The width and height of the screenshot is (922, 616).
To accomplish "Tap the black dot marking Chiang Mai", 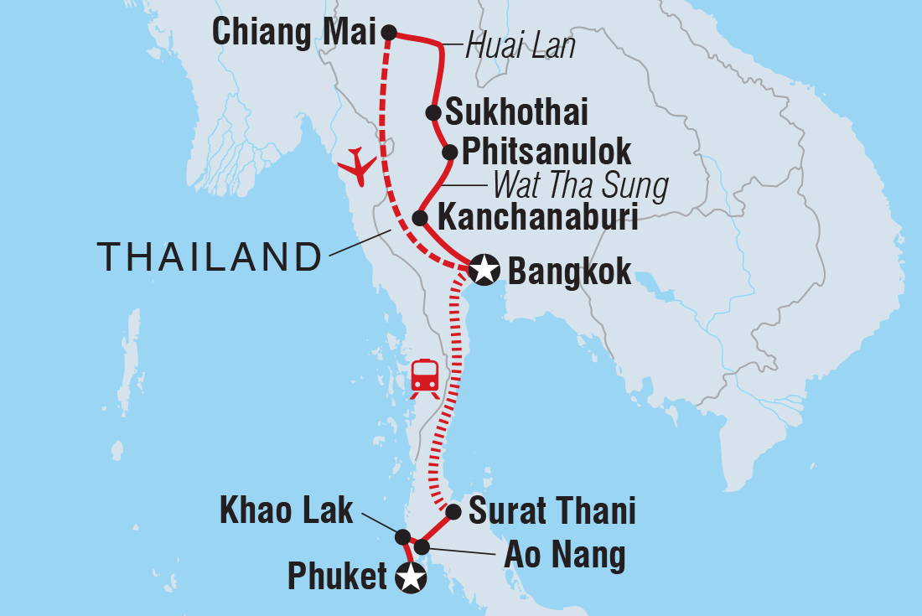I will tap(389, 33).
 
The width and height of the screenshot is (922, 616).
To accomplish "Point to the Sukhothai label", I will tap(516, 112).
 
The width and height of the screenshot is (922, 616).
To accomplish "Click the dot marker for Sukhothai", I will tap(433, 112).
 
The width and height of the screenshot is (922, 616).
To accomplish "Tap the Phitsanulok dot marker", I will tap(449, 153).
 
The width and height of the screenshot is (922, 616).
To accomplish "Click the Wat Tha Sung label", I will tap(581, 185).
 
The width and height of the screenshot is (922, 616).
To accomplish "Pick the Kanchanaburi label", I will tap(538, 219).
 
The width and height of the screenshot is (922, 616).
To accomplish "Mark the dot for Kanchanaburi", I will tap(422, 219).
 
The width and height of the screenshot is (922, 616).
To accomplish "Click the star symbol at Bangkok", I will tap(484, 271).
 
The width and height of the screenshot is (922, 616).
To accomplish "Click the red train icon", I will tap(425, 378).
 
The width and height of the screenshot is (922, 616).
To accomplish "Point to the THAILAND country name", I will tap(210, 257).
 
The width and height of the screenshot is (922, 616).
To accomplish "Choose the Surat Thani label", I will tap(552, 511).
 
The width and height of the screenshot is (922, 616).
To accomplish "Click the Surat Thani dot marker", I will tap(453, 511).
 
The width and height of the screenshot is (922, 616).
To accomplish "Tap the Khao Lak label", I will tap(286, 511).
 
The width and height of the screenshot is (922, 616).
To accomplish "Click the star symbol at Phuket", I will tap(410, 577).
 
